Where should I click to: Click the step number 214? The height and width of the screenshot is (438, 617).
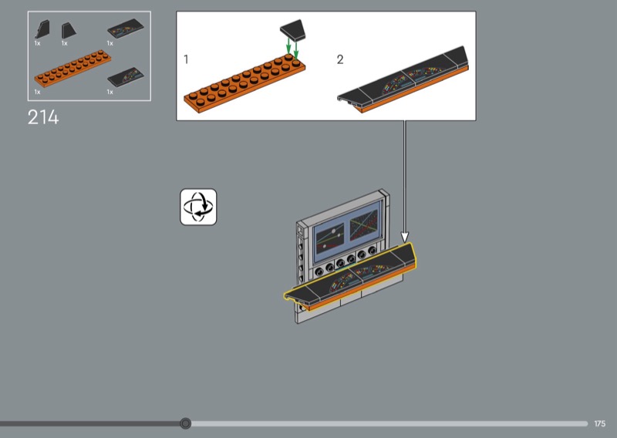coord(43,117)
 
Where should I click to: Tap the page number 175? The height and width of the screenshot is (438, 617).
coord(600,423)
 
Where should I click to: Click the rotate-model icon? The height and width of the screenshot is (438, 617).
coord(198,207)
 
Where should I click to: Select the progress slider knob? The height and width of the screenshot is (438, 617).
coord(185,423)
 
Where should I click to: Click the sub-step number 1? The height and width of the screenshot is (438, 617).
coord(186,59)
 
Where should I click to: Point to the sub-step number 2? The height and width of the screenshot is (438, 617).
coord(340,59)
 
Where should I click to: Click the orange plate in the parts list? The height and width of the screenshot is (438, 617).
coord(72,68)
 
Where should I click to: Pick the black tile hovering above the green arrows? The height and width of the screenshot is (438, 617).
coord(293,30)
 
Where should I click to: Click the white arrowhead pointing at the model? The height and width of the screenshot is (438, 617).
coord(404,237)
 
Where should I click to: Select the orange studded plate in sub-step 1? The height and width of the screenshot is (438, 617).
coord(244,83)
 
